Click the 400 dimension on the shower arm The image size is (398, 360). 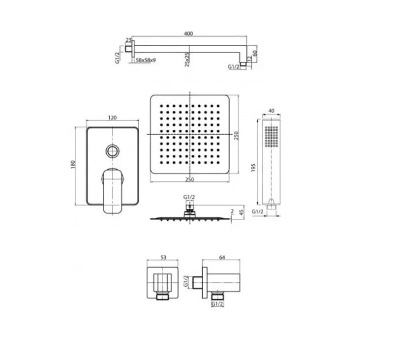pyautogui.click(x=188, y=33)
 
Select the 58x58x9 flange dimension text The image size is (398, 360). pyautogui.click(x=146, y=60)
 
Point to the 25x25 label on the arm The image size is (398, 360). pyautogui.click(x=187, y=60)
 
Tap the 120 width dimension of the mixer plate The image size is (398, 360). pyautogui.click(x=112, y=118)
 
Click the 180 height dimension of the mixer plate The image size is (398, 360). pyautogui.click(x=72, y=164)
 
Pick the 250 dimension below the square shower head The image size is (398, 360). pyautogui.click(x=189, y=180)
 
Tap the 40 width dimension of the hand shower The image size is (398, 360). pyautogui.click(x=272, y=111)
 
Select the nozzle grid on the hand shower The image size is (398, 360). pyautogui.click(x=271, y=136)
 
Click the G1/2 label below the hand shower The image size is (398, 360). pyautogui.click(x=258, y=211)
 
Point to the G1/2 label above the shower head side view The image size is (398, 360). pyautogui.click(x=189, y=197)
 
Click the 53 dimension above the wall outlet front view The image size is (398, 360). pyautogui.click(x=163, y=256)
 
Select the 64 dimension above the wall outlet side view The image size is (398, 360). pyautogui.click(x=221, y=256)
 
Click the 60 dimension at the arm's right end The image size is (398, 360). pyautogui.click(x=255, y=53)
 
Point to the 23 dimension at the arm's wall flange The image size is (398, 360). pyautogui.click(x=129, y=40)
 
